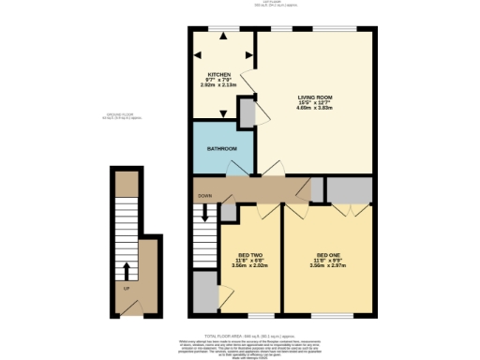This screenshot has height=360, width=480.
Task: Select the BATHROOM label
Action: click(x=221, y=149)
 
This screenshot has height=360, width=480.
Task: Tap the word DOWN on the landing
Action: click(x=204, y=196)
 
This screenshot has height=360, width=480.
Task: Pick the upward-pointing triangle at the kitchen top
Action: click(x=223, y=37)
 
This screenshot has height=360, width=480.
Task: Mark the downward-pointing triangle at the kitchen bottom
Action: click(x=223, y=113)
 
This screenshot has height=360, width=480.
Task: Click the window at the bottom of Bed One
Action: click(x=327, y=312)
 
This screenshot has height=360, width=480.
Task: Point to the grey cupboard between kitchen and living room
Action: click(x=246, y=112)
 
